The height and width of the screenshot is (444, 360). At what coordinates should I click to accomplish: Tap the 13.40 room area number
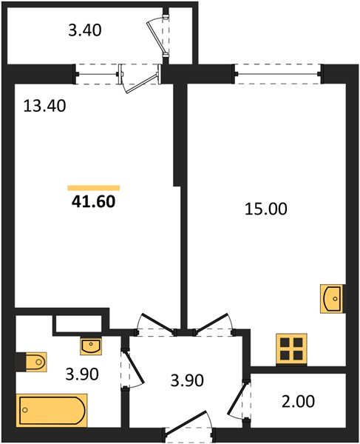45,106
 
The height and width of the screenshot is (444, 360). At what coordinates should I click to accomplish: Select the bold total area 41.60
93,200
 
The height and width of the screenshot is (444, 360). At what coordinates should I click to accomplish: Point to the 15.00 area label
265,209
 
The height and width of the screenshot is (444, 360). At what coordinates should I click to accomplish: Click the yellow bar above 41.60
93,188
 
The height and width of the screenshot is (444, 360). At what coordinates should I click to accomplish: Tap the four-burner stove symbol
291,349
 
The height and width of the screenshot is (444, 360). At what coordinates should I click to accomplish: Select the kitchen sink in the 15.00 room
332,298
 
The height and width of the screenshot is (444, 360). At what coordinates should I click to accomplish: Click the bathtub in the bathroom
52,409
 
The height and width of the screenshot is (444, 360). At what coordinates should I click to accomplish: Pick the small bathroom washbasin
91,346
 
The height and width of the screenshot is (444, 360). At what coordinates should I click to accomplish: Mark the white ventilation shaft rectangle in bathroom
77,323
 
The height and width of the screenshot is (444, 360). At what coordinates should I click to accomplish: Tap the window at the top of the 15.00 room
278,72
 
